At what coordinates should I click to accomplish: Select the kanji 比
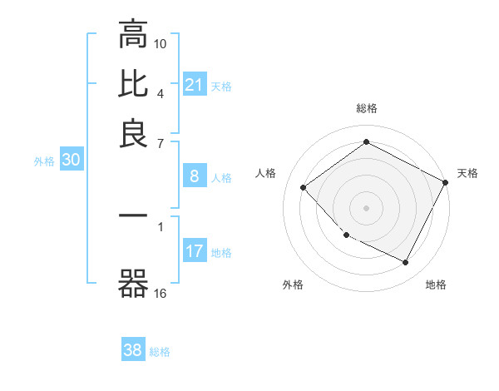click(133, 84)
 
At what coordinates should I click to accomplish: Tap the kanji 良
click(133, 134)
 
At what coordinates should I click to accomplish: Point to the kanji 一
click(133, 216)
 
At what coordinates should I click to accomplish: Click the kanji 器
click(133, 285)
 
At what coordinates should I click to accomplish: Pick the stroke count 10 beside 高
click(161, 42)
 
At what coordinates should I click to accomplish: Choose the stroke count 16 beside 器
click(161, 293)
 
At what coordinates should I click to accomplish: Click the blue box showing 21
click(195, 84)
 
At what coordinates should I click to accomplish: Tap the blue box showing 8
click(195, 176)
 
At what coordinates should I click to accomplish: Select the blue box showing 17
click(195, 251)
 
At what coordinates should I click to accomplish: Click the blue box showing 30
click(71, 161)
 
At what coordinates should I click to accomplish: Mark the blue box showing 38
click(133, 350)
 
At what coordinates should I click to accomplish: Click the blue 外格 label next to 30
click(44, 161)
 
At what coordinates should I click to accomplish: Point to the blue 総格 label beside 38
click(160, 352)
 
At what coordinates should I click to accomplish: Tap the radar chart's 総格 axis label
click(366, 109)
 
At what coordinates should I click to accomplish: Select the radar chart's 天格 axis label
click(467, 173)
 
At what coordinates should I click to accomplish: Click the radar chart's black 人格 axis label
click(266, 173)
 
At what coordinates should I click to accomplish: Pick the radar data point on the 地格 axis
click(405, 263)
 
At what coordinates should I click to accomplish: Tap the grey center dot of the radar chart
click(366, 207)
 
